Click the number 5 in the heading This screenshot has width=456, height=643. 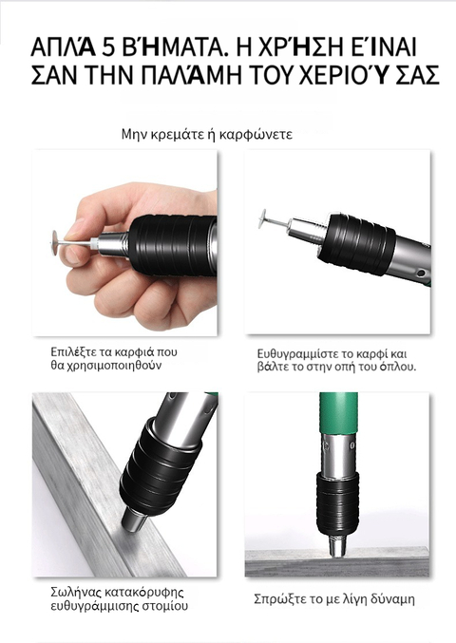tap(108, 48)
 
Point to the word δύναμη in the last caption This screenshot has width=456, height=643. tap(392, 599)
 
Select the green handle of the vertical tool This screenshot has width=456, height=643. tap(338, 413)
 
